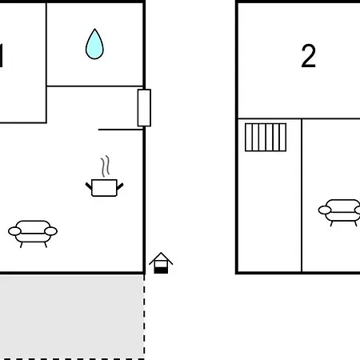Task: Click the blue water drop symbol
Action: [x=94, y=44]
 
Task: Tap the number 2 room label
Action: [x=309, y=56]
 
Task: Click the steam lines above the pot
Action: [x=106, y=166]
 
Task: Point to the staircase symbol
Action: [x=266, y=138]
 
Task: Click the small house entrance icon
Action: [x=161, y=263]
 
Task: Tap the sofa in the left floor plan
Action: [x=33, y=234]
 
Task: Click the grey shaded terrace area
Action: [x=72, y=317]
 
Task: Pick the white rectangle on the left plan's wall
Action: [x=144, y=108]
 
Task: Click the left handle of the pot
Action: [x=89, y=186]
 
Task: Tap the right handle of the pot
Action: [x=120, y=186]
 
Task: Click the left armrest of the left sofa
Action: [x=14, y=231]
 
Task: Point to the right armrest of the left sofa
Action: [x=50, y=231]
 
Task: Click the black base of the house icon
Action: [x=161, y=270]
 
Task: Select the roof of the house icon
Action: [x=161, y=258]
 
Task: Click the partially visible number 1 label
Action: [x=2, y=56]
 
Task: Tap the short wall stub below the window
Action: [x=121, y=130]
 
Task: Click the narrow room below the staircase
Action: [x=270, y=212]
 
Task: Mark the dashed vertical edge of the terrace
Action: [x=144, y=317]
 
